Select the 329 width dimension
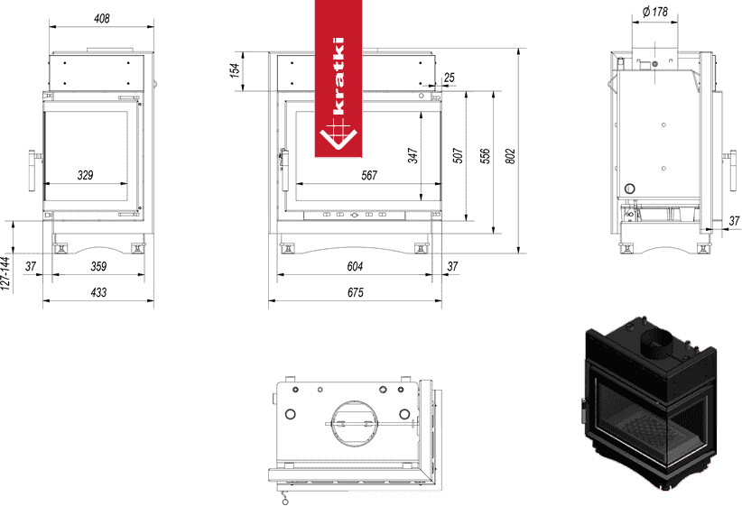(86, 175)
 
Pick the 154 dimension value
(236, 71)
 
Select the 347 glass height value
(413, 155)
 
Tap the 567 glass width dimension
(368, 176)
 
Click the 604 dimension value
(355, 266)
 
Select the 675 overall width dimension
(355, 292)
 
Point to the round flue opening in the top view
(351, 421)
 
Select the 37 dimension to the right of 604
(453, 266)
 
